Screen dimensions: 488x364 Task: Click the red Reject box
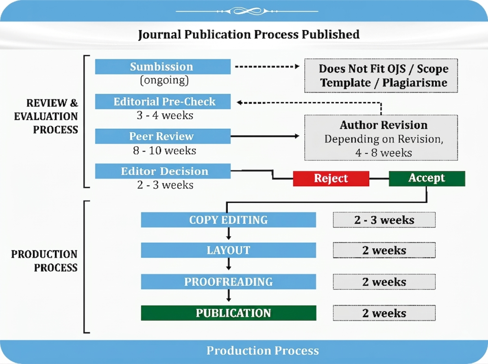[331, 179]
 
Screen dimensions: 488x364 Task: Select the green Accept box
[427, 179]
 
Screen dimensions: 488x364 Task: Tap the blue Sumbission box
[163, 66]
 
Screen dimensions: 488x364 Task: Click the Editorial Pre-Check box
[163, 101]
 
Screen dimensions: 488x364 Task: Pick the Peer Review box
[163, 136]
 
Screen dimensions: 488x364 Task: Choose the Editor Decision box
[163, 171]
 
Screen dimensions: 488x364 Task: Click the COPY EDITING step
[228, 220]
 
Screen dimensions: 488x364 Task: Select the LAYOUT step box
[228, 250]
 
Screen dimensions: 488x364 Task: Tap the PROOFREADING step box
[228, 281]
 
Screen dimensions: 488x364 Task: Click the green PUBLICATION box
[229, 313]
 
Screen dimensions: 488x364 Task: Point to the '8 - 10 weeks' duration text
[165, 150]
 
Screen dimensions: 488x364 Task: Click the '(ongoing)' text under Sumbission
[164, 80]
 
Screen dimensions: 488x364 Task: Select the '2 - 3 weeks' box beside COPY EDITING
[384, 220]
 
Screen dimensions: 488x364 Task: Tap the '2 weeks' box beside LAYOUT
[384, 250]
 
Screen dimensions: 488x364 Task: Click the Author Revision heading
[383, 125]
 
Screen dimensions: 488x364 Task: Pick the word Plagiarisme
[415, 83]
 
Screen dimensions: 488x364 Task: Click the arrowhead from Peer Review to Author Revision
[297, 136]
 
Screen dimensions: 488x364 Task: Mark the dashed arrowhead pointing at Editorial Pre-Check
[240, 102]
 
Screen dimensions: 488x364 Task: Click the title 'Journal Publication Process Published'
[249, 35]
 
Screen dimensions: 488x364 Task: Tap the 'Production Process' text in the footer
[263, 351]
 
